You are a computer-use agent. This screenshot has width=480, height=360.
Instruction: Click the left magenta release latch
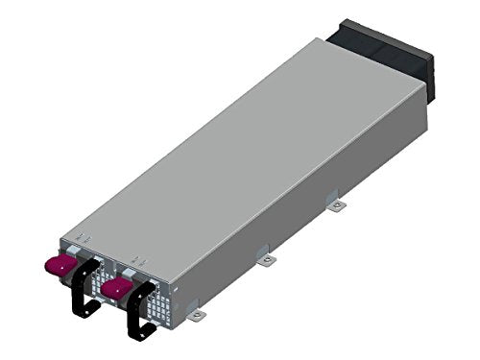(62, 261)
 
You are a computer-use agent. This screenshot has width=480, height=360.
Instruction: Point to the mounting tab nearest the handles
(196, 313)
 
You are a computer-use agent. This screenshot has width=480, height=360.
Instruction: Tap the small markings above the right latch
(138, 259)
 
